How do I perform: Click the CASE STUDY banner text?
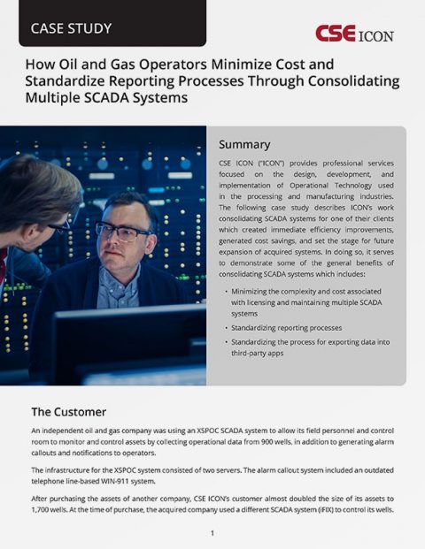click(72, 28)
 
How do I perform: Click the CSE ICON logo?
click(354, 34)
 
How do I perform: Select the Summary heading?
click(244, 144)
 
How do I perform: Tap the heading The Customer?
click(69, 411)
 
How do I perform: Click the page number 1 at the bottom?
click(212, 533)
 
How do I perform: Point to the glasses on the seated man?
click(122, 232)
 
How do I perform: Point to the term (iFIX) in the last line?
click(333, 511)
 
